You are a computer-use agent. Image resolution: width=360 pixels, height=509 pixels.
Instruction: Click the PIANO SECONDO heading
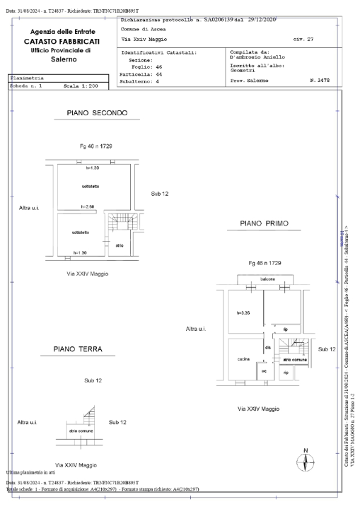96,113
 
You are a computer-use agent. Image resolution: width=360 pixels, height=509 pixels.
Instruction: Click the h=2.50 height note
88,206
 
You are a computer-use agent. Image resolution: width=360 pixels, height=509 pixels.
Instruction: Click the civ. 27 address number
305,40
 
